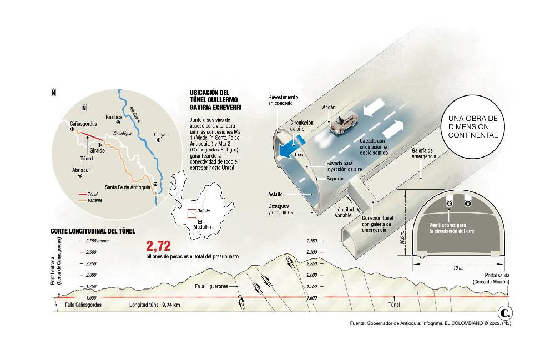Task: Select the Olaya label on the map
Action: (160, 135)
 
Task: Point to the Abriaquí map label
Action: (80, 169)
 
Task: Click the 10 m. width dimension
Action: (458, 268)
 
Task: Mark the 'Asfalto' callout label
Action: (276, 194)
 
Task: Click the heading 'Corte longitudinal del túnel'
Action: (92, 231)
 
